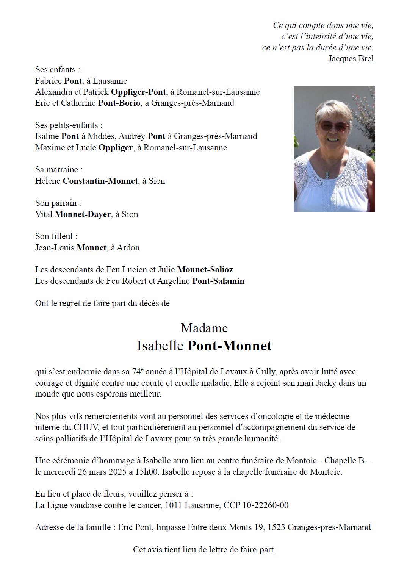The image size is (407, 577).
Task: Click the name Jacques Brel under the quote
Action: click(351, 59)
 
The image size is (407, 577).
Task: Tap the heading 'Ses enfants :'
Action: click(58, 70)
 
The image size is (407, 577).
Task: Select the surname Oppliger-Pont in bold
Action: click(138, 92)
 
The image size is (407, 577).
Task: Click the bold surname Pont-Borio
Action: click(119, 103)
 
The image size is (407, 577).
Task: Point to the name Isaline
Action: click(47, 136)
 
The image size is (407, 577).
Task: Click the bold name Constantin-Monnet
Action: click(100, 181)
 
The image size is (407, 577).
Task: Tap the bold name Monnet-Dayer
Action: click(83, 214)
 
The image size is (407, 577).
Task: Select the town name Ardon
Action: click(128, 248)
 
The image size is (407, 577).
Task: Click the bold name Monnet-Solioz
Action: click(205, 270)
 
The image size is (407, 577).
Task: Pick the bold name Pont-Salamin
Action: click(218, 281)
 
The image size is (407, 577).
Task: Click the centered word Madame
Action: click(204, 328)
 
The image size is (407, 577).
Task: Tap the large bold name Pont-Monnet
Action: click(230, 346)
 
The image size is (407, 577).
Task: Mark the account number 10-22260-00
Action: click(265, 505)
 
